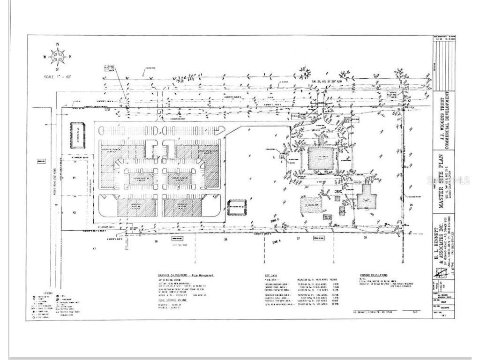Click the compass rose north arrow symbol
[58, 57]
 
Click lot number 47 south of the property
[94, 248]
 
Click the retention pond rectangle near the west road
[76, 136]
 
